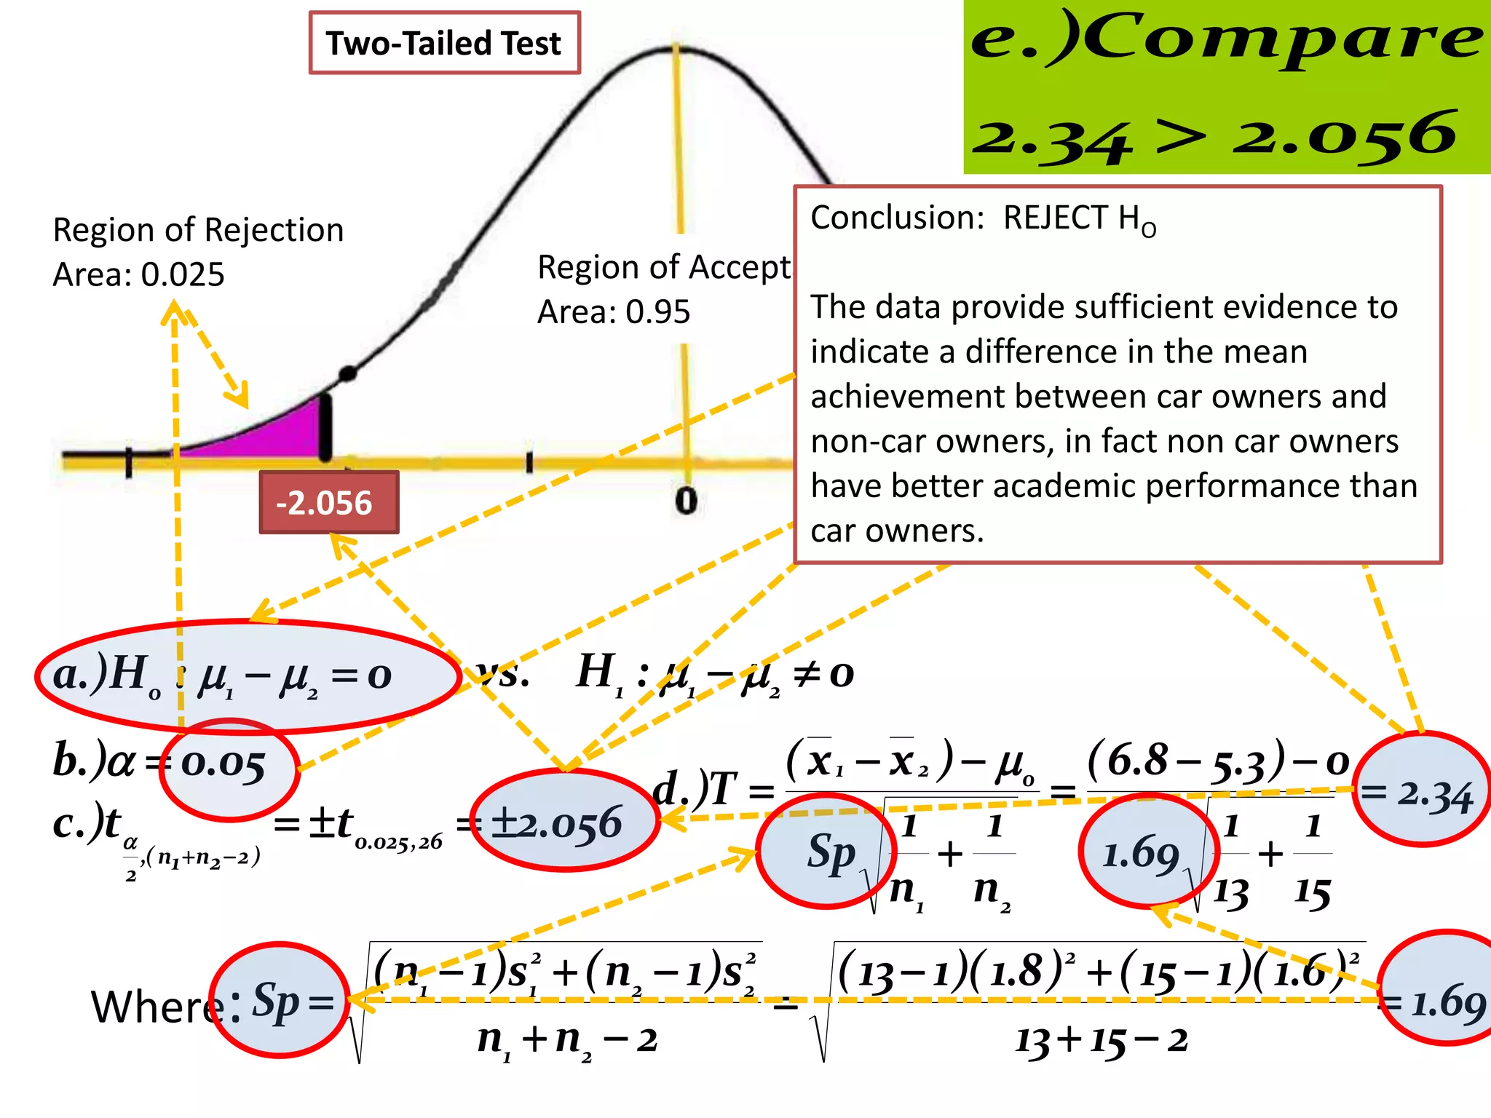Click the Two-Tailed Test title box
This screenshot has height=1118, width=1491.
pos(444,43)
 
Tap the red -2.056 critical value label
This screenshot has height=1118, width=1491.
pos(328,502)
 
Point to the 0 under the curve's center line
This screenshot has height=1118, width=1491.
pos(686,501)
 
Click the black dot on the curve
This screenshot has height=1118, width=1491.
pos(348,373)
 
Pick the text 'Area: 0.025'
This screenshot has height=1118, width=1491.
pos(138,274)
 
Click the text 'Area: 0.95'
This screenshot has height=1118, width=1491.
pos(613,312)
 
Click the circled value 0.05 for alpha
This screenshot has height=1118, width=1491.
pos(226,766)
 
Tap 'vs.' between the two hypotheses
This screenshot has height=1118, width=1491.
pos(502,674)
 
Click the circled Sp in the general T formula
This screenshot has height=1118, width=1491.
pos(830,852)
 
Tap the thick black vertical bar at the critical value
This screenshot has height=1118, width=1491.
pos(325,428)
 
